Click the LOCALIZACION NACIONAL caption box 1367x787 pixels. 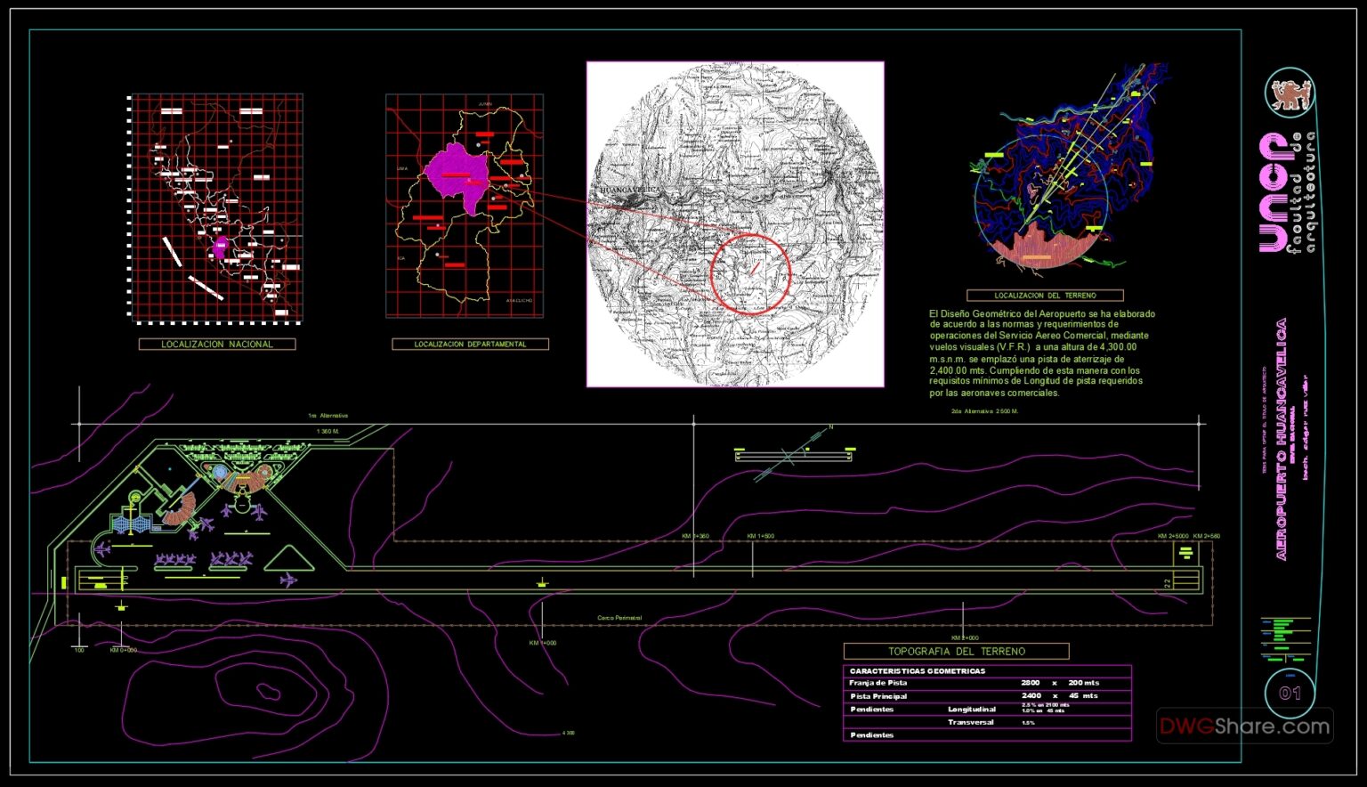(217, 344)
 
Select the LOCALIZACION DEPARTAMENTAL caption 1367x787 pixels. (470, 344)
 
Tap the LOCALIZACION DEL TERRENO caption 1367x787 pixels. (1045, 295)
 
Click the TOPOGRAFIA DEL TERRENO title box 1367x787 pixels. (956, 651)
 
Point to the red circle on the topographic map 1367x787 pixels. (750, 273)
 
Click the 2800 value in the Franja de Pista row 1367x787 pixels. (1031, 683)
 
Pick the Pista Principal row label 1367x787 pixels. (878, 696)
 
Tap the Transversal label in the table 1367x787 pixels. (971, 722)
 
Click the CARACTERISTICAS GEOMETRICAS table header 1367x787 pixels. (918, 671)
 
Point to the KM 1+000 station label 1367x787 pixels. (542, 643)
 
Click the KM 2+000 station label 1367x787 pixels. (965, 637)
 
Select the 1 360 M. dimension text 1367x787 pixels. (328, 431)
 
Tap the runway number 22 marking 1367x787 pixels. (1168, 582)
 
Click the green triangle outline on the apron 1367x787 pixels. (288, 560)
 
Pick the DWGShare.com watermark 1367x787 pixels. (1244, 726)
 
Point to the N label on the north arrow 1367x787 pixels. (831, 427)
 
